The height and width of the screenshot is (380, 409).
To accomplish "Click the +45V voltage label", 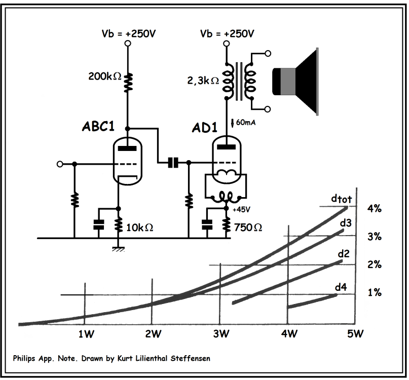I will [x=241, y=208].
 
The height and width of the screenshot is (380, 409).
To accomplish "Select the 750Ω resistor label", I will [x=248, y=228].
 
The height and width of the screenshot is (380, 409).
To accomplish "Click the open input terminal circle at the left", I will [x=60, y=164].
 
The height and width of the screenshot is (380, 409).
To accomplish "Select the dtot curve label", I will [x=338, y=200].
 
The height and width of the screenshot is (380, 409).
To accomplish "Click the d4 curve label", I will [x=341, y=288].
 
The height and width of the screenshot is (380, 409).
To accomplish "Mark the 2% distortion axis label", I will [x=375, y=265].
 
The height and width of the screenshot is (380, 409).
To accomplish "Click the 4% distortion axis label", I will [x=375, y=208].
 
